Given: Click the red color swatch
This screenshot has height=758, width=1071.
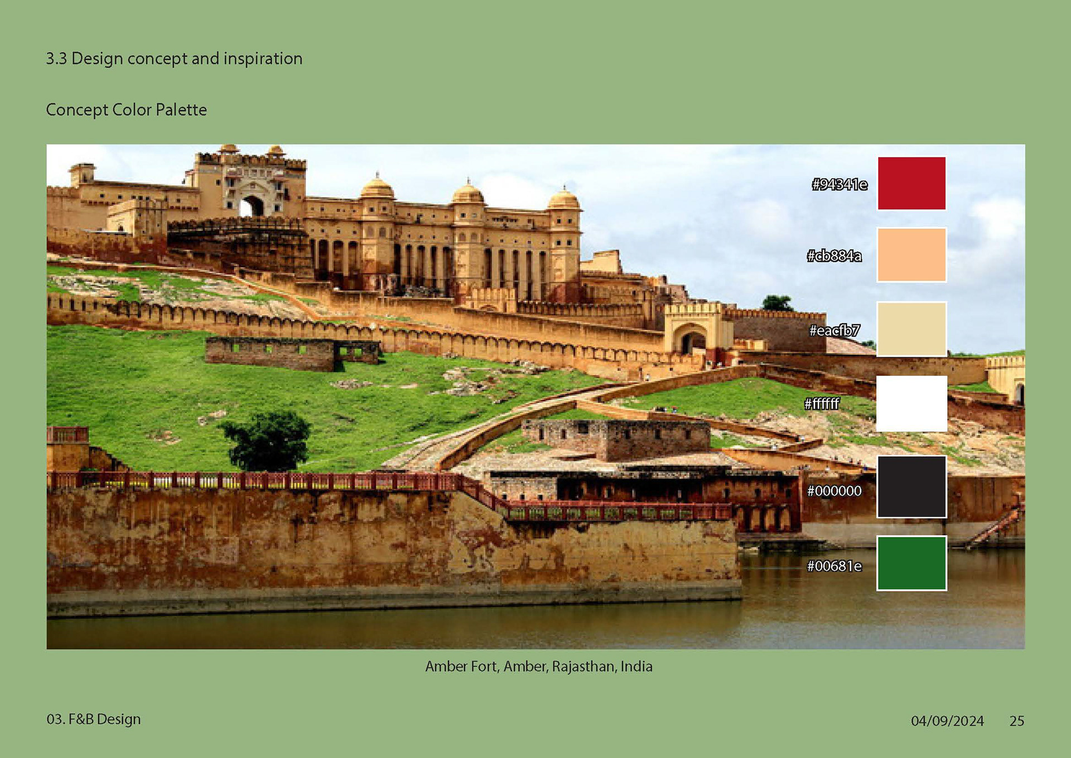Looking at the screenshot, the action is pos(911,183).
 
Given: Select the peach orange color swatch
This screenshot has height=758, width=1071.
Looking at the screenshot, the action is pos(911,255).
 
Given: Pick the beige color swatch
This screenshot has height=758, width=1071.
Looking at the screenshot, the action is pos(911,329).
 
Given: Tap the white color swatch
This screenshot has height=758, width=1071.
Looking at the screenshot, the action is pos(911,403).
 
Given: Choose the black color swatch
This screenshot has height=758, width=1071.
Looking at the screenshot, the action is pos(911,487).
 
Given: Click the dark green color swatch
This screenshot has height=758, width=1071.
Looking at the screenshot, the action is pos(911,563).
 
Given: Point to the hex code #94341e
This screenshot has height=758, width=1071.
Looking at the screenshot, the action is pos(840,184).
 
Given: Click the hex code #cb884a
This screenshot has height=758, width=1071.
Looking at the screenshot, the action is pos(834,256).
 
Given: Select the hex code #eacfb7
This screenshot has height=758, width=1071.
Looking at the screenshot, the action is pos(834,330).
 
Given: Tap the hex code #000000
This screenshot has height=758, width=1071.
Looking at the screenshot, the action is pos(834,491).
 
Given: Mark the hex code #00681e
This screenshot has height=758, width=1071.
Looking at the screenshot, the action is pos(834,566).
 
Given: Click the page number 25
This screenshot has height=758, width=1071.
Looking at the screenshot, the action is pos(1017,721).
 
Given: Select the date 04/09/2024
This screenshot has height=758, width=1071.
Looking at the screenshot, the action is pos(947,721).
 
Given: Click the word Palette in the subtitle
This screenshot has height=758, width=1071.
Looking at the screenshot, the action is pos(181,109).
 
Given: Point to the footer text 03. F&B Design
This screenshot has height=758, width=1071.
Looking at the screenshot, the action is pos(94,719).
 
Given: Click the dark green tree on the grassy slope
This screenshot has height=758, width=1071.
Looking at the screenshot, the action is pos(267,440).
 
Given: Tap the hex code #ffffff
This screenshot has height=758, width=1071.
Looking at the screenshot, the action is pos(822,404).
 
